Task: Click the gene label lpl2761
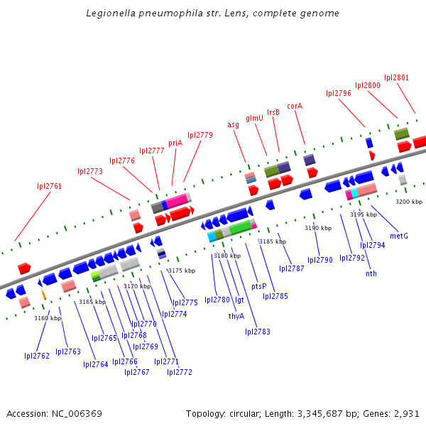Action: [50, 186]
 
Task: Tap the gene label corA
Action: [295, 106]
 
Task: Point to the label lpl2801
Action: [396, 77]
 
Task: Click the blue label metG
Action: [399, 236]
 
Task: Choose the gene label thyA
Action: [236, 316]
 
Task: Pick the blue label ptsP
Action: [259, 286]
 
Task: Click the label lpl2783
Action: [258, 332]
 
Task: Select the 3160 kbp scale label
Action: [48, 318]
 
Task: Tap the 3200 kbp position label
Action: [408, 202]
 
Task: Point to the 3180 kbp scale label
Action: [227, 256]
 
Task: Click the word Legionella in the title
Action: [110, 13]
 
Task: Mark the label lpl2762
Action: [37, 356]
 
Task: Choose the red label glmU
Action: [255, 118]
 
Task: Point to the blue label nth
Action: [371, 273]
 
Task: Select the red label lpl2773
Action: [90, 171]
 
